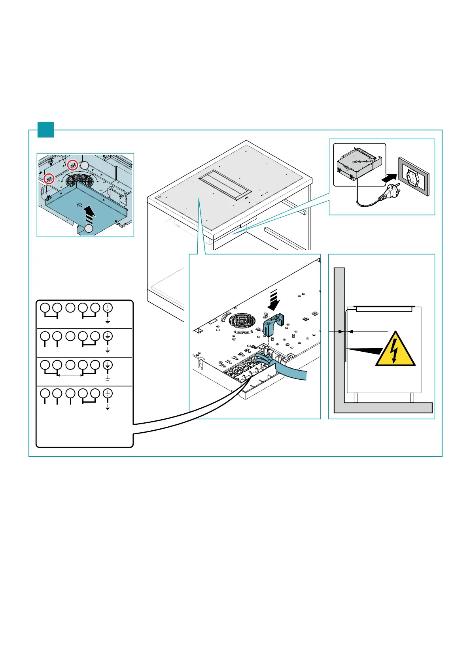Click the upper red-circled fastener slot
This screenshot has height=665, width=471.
point(72,165)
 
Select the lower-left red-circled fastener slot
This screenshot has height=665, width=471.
point(49,178)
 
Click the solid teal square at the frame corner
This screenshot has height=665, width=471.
point(45,130)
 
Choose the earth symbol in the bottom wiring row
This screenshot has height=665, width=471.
point(108,393)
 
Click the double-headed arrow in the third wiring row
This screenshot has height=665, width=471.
point(70,375)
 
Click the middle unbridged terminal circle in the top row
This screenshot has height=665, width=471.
point(70,307)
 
